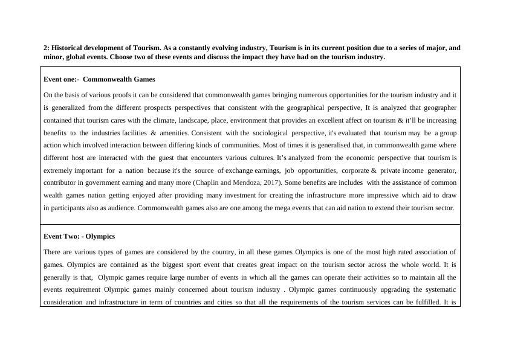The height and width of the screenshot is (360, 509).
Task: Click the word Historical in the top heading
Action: click(x=68, y=48)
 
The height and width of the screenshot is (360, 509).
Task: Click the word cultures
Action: click(x=261, y=158)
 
